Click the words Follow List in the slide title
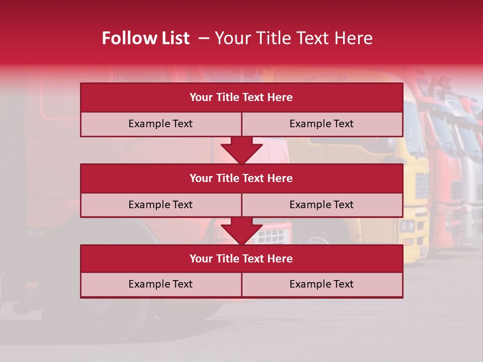tap(145, 38)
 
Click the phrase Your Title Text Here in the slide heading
tap(293, 38)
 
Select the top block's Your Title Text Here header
tap(241, 98)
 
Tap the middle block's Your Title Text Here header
tap(241, 178)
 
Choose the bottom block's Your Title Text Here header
tap(241, 258)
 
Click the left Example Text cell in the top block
tap(160, 124)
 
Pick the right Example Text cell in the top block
tap(321, 124)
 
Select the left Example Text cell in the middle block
tap(160, 205)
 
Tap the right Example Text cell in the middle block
tap(321, 205)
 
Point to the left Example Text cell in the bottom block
tap(160, 284)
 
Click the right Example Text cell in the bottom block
tap(321, 284)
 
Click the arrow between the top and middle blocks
tap(242, 150)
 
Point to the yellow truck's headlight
tap(408, 226)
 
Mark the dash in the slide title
tap(203, 38)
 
